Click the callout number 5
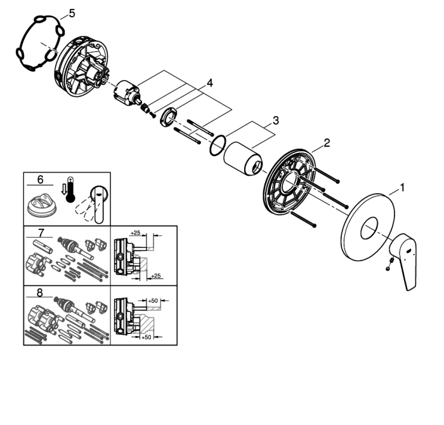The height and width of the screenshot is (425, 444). coord(72,13)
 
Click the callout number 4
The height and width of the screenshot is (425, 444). coord(209,83)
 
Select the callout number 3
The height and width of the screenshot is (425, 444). coord(276,121)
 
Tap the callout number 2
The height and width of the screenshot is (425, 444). coord(327,143)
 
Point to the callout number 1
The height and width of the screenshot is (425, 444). coord(402,187)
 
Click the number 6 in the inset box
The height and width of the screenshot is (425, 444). coord(40,180)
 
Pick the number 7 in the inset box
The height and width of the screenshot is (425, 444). coord(41,233)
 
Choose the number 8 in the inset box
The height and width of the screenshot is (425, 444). coord(39,293)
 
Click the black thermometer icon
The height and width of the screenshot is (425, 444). coord(70,190)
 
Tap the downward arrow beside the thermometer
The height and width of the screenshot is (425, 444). coord(63,190)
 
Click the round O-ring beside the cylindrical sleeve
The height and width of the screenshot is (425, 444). coord(218,145)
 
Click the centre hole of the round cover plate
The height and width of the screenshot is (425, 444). coord(369,228)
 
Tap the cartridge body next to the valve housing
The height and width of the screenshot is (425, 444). coord(126,91)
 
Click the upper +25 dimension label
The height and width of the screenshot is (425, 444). coord(135,233)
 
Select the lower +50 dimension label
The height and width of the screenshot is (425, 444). coord(146,337)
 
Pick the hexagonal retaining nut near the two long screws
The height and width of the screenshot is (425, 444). coord(169,118)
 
